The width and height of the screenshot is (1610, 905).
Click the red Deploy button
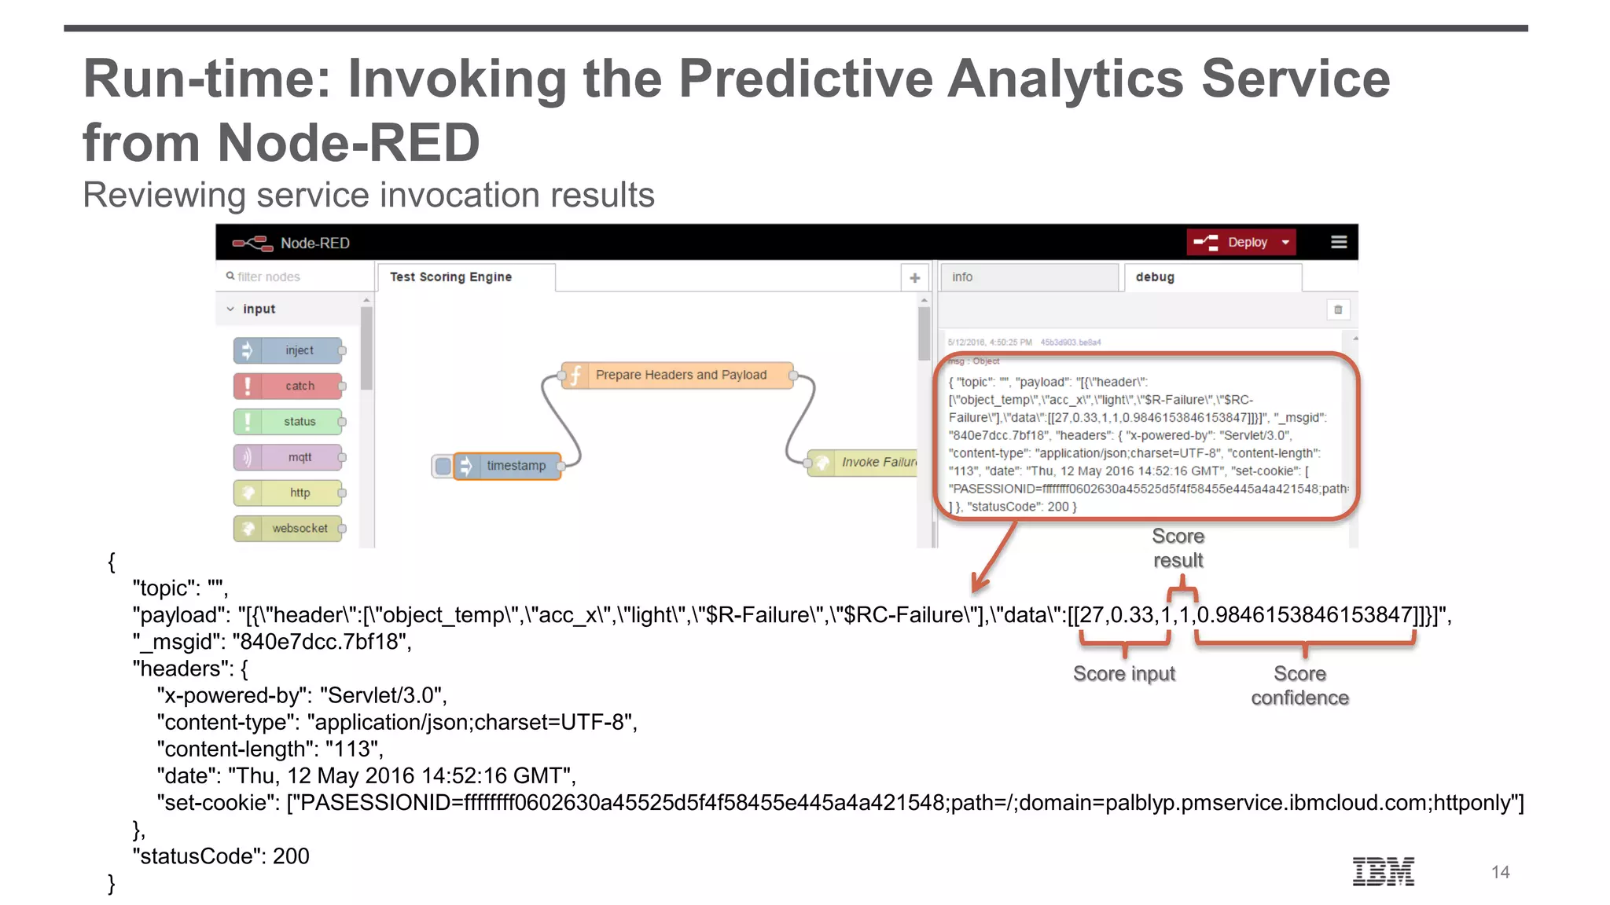[1240, 242]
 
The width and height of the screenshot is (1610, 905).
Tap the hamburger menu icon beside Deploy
[1339, 242]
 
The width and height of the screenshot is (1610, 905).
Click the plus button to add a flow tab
[914, 277]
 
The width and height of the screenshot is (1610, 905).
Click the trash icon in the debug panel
[1338, 310]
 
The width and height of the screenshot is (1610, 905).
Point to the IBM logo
[1383, 871]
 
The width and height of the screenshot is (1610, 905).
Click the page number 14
[1500, 872]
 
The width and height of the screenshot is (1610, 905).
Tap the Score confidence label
[1299, 686]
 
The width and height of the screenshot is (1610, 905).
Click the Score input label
[1124, 674]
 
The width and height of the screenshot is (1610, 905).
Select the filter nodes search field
[291, 277]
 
